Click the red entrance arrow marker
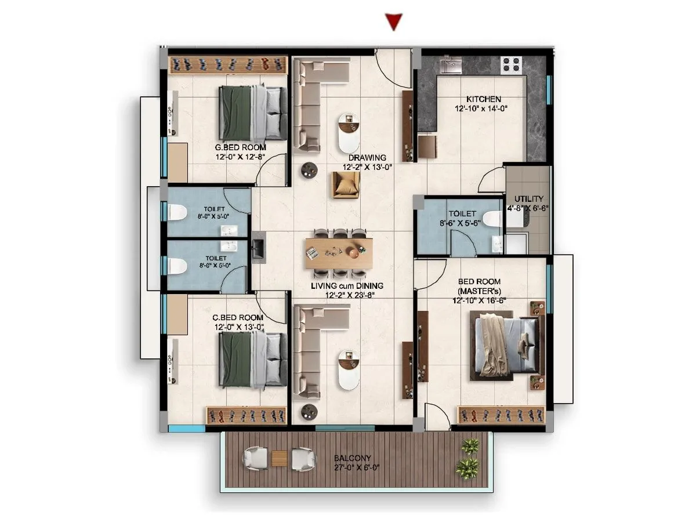coord(394,22)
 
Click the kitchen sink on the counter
coord(451,64)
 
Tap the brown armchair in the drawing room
coord(346,185)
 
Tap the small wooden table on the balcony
coord(280,459)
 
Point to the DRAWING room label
coord(367,158)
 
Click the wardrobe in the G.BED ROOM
coord(228,64)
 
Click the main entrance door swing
coord(387,64)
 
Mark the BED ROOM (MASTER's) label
coord(478,285)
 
